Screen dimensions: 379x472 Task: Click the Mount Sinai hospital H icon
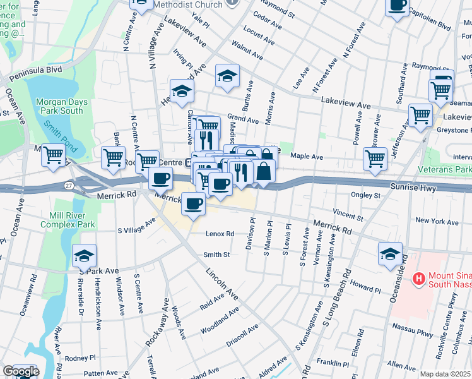[417, 278]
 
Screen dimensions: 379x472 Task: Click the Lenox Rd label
[220, 234]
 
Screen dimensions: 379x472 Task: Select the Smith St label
[216, 255]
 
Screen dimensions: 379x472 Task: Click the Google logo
[21, 371]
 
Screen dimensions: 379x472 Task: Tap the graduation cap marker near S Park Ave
[84, 256]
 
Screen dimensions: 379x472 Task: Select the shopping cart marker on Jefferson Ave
[420, 116]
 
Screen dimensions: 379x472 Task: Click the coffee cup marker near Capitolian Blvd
[398, 6]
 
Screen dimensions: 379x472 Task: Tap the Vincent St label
[348, 217]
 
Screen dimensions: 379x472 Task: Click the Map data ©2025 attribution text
[445, 374]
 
